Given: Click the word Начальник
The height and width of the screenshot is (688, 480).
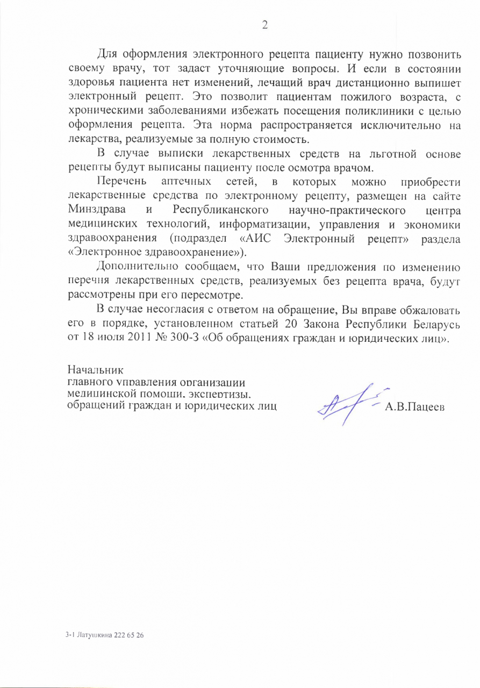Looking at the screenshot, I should point(95,371).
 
